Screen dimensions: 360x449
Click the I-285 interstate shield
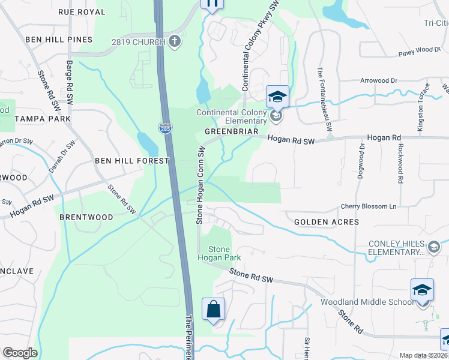(x=164, y=128)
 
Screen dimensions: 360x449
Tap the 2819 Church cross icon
(x=175, y=41)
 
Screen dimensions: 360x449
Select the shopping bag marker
(x=213, y=310)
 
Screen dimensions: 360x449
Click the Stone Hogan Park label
(x=224, y=253)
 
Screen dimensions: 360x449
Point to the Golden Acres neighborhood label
(x=327, y=222)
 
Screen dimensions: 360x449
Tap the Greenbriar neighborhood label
(x=232, y=131)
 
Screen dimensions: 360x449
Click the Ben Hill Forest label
(x=132, y=161)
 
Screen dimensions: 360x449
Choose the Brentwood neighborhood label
(x=86, y=217)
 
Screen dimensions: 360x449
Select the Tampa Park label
(x=43, y=119)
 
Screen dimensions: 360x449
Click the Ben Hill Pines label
(x=59, y=40)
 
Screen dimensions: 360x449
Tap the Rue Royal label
(x=82, y=12)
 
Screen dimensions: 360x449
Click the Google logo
(x=20, y=353)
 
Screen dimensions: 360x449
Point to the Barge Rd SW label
(x=70, y=80)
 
